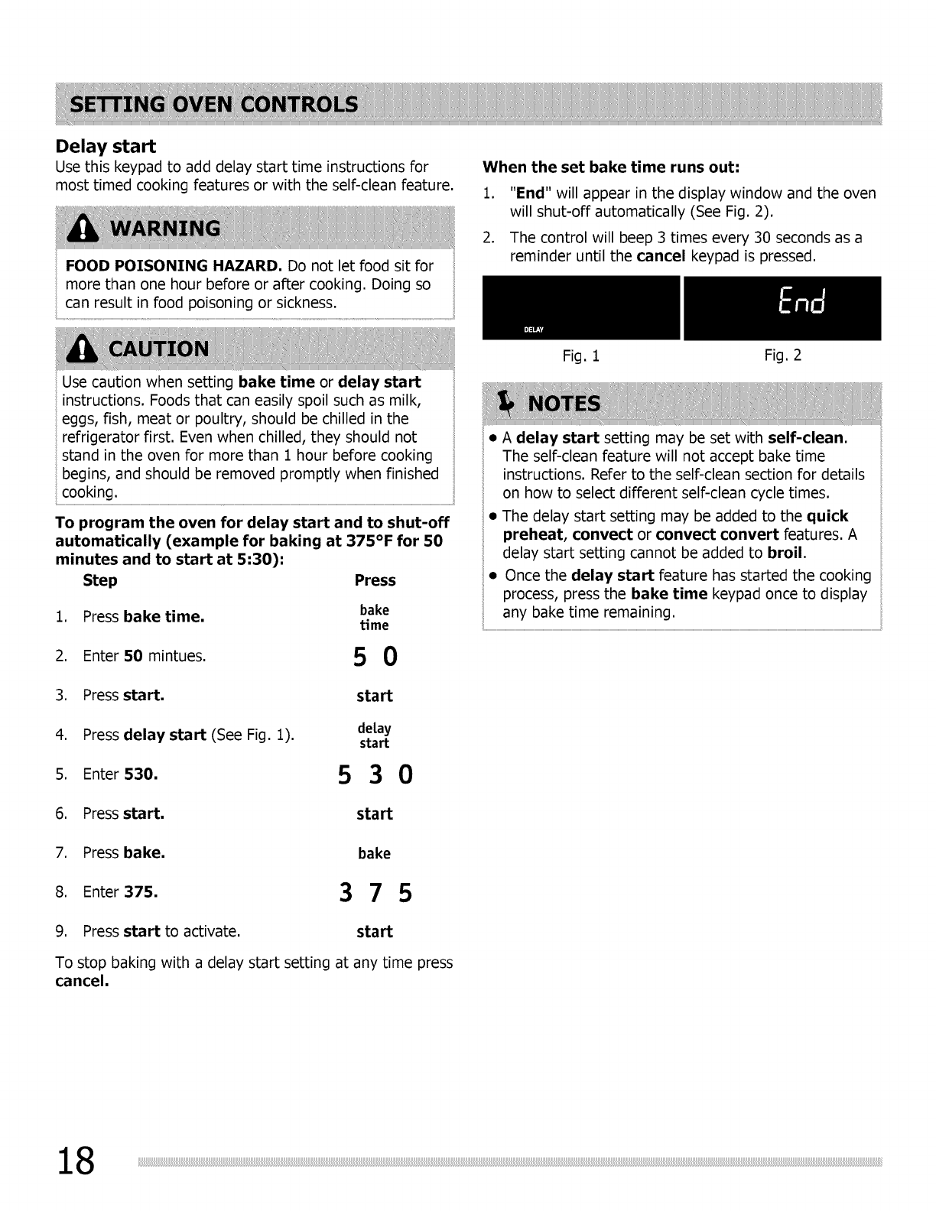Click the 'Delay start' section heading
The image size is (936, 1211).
coord(106,146)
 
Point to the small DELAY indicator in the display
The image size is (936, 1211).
coord(533,330)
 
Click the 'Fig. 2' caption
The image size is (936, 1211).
coord(783,356)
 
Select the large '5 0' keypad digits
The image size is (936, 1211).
coord(375,657)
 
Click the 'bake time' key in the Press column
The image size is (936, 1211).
coord(375,617)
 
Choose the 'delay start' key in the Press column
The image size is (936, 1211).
coord(374,735)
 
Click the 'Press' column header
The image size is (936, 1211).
coord(375,580)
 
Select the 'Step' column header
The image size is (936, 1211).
coord(100,580)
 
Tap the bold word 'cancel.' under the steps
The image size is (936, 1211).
coord(82,981)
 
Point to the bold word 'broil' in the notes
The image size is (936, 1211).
coord(786,553)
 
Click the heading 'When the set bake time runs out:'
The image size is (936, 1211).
coord(612,167)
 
